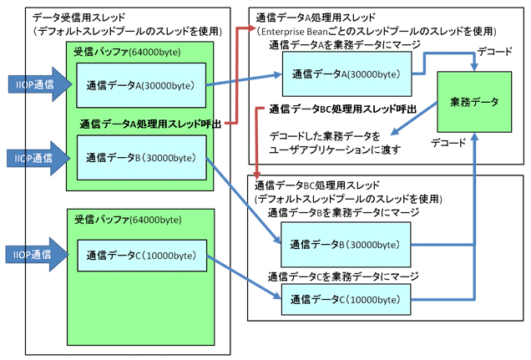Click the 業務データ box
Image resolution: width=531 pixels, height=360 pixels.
click(473, 102)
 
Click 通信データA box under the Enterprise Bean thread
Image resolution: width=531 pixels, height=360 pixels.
click(345, 73)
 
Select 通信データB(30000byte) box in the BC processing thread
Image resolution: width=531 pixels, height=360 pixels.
click(345, 244)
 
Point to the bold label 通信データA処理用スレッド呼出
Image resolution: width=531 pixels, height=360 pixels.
click(150, 124)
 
